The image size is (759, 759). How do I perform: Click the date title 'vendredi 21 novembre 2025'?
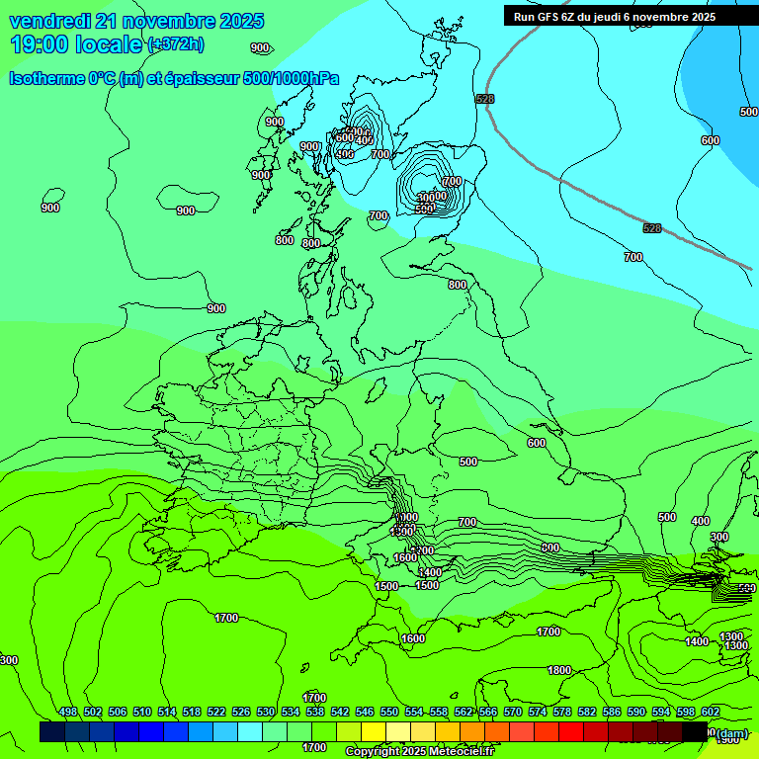point(136,21)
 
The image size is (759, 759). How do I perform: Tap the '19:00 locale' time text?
point(77,44)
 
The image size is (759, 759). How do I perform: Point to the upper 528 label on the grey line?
point(484,99)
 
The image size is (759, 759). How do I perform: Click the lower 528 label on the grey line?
point(652,228)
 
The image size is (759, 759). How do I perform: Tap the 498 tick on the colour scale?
point(68,712)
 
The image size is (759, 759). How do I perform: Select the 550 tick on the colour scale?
point(389,712)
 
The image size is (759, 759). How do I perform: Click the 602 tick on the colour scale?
point(710,712)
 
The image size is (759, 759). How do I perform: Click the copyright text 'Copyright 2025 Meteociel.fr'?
point(419,752)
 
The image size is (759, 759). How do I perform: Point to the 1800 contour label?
point(559,670)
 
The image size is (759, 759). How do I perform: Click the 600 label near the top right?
point(711,140)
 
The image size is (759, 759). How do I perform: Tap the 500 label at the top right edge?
point(748,112)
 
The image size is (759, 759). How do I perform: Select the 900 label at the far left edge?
point(50,208)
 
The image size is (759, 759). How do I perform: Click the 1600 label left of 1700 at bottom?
point(413,638)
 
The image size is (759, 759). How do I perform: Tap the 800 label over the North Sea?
point(458,285)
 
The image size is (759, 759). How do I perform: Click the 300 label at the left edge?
point(9,660)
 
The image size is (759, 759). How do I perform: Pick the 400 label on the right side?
point(700,521)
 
